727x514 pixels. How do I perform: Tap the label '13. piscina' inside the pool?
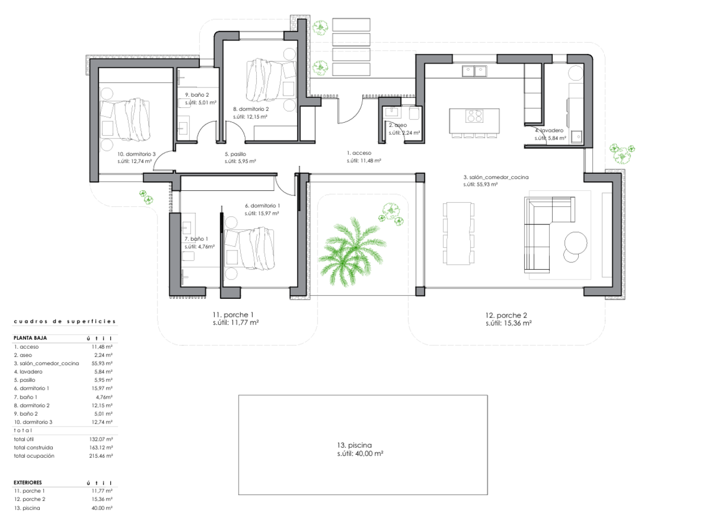click(354, 445)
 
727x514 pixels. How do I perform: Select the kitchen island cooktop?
click(474, 116)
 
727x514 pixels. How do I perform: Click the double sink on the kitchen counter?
click(474, 71)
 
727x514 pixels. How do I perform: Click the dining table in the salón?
click(458, 233)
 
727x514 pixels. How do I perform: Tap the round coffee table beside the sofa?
click(576, 243)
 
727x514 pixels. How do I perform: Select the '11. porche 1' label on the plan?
click(233, 315)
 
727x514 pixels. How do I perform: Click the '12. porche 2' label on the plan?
click(506, 315)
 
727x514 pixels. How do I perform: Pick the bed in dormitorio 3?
click(125, 120)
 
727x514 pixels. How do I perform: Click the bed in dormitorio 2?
click(271, 80)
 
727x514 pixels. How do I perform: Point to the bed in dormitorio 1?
click(249, 249)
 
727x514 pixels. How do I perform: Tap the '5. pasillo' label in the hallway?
click(235, 154)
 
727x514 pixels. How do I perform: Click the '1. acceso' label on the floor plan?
click(359, 153)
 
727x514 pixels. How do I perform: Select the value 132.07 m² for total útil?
click(101, 440)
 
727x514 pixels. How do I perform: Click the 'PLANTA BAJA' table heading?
click(30, 338)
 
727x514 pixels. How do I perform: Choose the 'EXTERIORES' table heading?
click(28, 483)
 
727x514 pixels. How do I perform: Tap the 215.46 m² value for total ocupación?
click(101, 456)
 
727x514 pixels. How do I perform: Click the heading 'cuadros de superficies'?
click(65, 321)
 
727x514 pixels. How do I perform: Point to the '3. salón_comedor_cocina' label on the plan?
click(496, 177)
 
